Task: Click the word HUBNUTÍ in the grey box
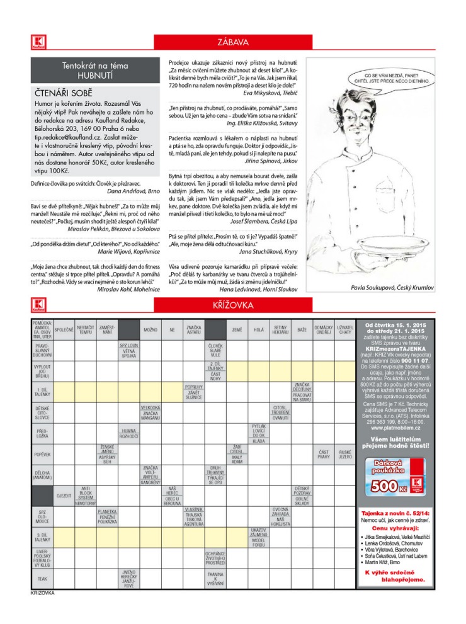pos(94,75)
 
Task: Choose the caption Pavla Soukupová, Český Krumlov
pos(390,288)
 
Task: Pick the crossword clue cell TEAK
pos(42,578)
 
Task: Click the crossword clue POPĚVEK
pos(42,453)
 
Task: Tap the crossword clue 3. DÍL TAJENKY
pos(42,536)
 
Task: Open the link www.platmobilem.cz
pos(395,428)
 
